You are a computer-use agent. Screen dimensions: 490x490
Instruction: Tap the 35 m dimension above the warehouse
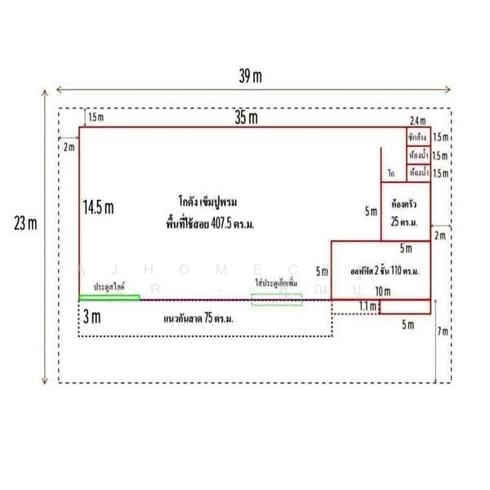[x=246, y=118]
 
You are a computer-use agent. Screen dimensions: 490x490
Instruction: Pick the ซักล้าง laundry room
[x=419, y=137]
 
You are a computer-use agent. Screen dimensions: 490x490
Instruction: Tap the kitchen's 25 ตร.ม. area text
[x=405, y=221]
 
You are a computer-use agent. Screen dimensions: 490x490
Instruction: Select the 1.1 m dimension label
[x=367, y=306]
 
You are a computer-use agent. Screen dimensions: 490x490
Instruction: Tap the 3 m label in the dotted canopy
[x=92, y=316]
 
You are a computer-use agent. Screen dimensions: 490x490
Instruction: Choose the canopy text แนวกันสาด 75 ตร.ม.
[x=199, y=318]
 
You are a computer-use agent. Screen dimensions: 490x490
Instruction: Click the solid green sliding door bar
[x=109, y=297]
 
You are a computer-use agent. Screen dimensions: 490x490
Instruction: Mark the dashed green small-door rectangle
[x=276, y=299]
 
